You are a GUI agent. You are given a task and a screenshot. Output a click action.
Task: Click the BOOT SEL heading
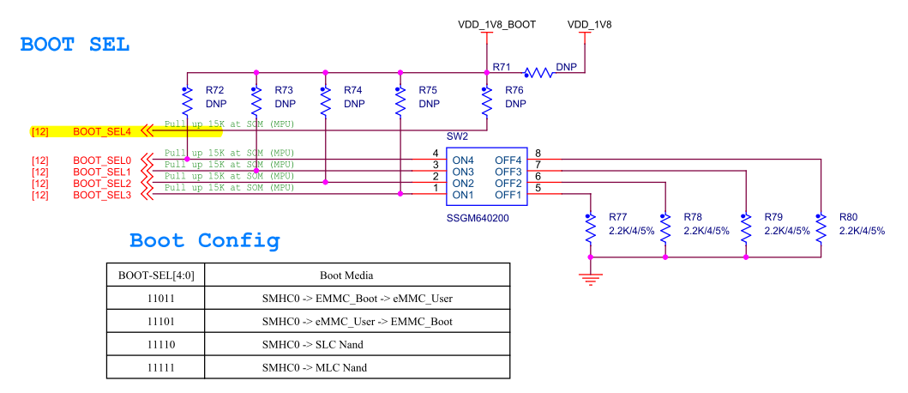pyautogui.click(x=75, y=45)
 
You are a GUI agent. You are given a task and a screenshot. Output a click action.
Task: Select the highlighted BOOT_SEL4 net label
pyautogui.click(x=101, y=131)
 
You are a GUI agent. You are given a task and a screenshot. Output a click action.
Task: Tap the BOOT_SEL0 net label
pyautogui.click(x=101, y=160)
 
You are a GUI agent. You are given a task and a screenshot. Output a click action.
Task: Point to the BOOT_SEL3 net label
pyautogui.click(x=101, y=195)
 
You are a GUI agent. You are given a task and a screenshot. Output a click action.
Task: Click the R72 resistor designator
pyautogui.click(x=215, y=90)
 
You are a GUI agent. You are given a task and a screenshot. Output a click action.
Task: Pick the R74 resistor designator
pyautogui.click(x=352, y=90)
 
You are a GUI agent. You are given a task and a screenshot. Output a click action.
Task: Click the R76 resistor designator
pyautogui.click(x=514, y=90)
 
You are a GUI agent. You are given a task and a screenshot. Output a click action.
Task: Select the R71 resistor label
pyautogui.click(x=502, y=66)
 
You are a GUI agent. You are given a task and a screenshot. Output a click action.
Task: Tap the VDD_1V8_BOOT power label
pyautogui.click(x=497, y=25)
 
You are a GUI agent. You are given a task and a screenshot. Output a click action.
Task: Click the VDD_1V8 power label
pyautogui.click(x=590, y=25)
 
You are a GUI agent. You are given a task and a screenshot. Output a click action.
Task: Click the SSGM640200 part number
pyautogui.click(x=477, y=218)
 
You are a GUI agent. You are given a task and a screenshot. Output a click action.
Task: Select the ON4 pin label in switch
pyautogui.click(x=463, y=160)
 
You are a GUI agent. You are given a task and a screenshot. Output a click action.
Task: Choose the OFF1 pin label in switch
pyautogui.click(x=508, y=194)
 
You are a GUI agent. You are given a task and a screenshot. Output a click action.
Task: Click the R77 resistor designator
pyautogui.click(x=619, y=218)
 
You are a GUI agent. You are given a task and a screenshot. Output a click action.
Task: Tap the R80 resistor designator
pyautogui.click(x=849, y=218)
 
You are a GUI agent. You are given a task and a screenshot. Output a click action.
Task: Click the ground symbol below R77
pyautogui.click(x=590, y=277)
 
